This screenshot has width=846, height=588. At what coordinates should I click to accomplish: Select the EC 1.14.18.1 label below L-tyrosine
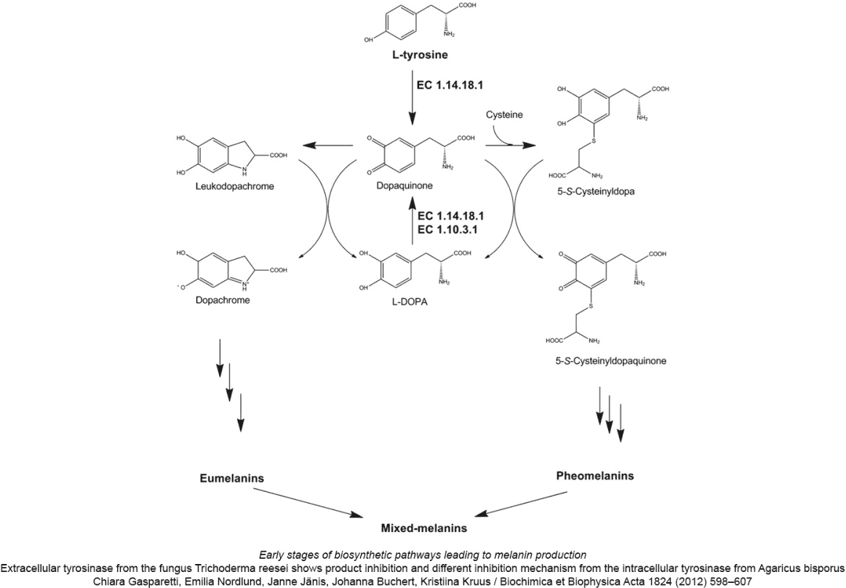point(450,84)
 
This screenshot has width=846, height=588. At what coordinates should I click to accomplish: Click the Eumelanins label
point(232,478)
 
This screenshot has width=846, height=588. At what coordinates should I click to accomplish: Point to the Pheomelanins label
point(595,476)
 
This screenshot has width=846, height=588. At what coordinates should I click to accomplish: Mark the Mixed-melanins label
point(425,528)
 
